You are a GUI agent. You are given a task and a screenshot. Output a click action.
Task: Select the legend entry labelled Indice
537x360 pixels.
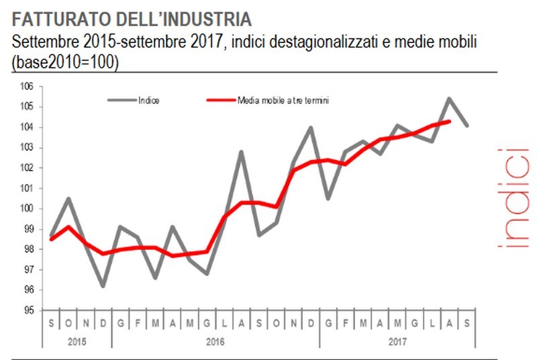coord(148,100)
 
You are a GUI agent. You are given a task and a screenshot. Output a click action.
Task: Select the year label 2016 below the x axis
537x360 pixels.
coord(215,342)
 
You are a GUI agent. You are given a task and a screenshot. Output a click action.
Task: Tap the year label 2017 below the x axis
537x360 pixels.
coord(398,342)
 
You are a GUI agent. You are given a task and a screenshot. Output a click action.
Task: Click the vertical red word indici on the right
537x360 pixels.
coord(517,199)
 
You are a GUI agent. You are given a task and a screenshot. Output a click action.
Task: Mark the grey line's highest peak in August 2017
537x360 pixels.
coord(449,98)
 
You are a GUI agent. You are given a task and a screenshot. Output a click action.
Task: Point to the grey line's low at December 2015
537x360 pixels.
coord(103,286)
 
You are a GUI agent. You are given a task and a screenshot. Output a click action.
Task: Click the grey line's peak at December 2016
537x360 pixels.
coord(311,127)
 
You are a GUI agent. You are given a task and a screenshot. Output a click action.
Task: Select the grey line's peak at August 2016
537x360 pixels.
coord(242,152)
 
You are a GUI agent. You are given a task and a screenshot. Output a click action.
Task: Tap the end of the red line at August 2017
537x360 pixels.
coord(449,121)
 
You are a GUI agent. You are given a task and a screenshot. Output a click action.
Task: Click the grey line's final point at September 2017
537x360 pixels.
coord(467,126)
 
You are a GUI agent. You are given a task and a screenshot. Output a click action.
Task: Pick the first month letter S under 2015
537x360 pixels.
coord(52,324)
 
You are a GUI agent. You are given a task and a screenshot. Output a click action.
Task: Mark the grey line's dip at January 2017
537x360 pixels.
coord(328,198)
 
